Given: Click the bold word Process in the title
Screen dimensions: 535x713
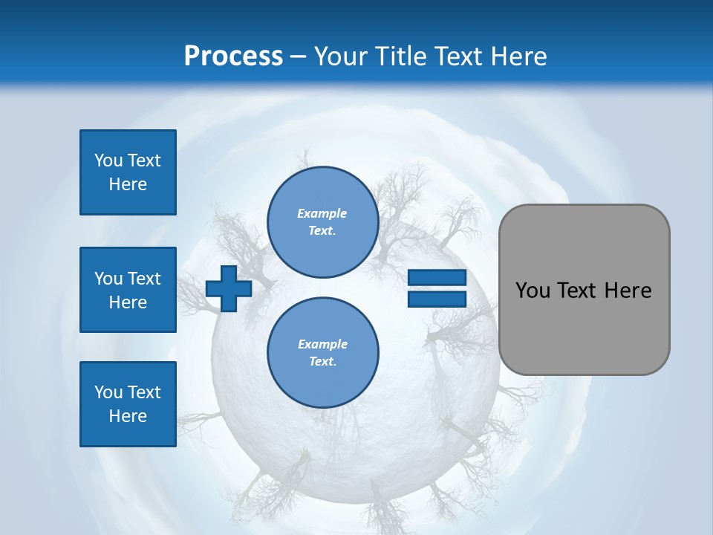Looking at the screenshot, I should point(233,56).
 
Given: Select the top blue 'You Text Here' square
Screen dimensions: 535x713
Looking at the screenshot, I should point(128,172).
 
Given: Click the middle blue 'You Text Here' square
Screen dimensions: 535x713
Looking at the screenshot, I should point(128,290).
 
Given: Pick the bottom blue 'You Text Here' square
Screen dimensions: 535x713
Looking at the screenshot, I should point(128,404).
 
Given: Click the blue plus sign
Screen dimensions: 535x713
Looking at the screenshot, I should point(229,288).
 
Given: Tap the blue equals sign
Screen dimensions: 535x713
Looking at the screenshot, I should point(437,288).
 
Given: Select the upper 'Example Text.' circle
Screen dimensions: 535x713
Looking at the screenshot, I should point(323,222).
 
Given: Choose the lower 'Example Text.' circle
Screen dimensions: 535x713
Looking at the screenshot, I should point(323,352).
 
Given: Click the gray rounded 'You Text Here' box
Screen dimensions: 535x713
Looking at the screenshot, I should point(585,290).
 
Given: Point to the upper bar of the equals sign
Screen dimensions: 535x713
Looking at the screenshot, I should point(437,278).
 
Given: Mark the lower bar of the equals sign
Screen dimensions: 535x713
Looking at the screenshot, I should point(437,299).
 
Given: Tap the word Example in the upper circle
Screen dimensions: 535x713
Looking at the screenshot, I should point(322,213).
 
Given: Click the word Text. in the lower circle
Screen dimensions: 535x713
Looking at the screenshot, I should point(322,362).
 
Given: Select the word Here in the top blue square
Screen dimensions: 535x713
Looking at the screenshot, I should point(128,184).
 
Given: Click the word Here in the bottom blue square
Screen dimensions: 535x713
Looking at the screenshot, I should point(128,416).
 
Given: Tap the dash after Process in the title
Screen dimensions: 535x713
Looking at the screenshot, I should point(299,56).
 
